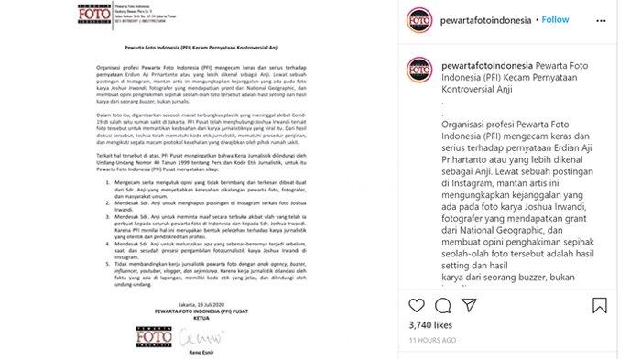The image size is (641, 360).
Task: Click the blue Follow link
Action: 556,19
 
